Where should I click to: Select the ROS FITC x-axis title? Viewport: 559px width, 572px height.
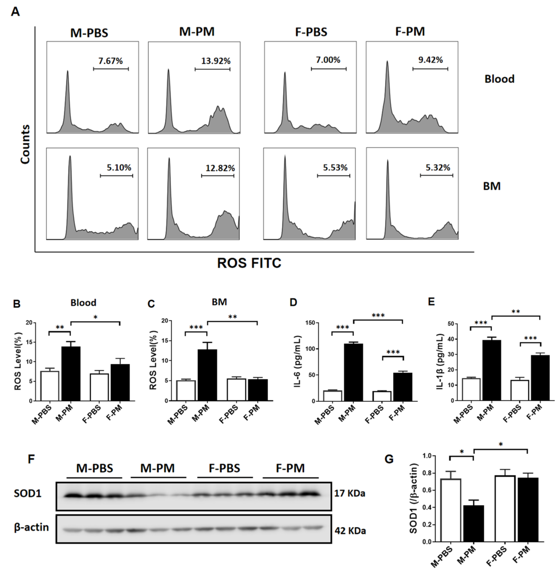249,263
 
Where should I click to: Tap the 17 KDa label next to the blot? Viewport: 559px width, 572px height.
350,493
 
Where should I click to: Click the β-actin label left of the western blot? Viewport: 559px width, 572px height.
31,527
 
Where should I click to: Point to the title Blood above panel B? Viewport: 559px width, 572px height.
83,302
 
